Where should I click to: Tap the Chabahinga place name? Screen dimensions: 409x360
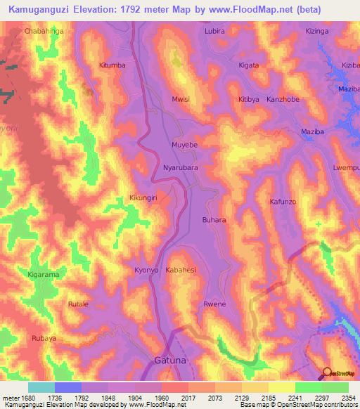click(44, 32)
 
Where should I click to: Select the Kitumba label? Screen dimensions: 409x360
click(112, 65)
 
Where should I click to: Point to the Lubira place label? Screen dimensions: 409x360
click(214, 32)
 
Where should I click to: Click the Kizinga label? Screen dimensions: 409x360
click(317, 32)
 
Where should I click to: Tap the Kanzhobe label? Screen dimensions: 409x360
click(283, 99)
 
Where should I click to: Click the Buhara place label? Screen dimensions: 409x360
click(214, 220)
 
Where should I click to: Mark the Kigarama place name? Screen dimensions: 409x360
click(43, 274)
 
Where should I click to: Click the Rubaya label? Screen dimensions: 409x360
click(44, 338)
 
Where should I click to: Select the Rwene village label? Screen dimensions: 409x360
click(214, 304)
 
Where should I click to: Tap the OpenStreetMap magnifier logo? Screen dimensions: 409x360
click(328, 372)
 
